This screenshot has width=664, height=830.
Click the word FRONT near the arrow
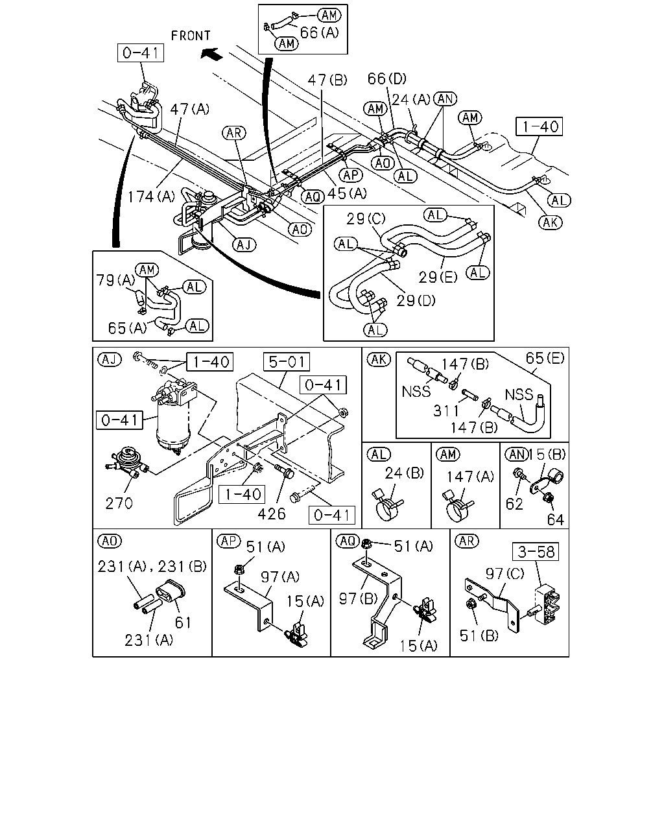(x=191, y=36)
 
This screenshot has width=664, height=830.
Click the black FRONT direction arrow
(x=211, y=54)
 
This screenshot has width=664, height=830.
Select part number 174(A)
(x=151, y=196)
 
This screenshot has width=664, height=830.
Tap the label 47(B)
(x=327, y=80)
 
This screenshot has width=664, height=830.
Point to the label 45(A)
(x=347, y=193)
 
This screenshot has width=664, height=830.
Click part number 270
(x=119, y=503)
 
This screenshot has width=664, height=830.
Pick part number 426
(x=272, y=514)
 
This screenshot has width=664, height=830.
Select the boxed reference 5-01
(x=286, y=362)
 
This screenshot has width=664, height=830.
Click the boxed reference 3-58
(x=536, y=552)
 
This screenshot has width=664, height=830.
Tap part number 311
(x=445, y=411)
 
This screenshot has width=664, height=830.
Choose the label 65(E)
(x=545, y=358)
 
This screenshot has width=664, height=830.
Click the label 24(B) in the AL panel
(x=405, y=473)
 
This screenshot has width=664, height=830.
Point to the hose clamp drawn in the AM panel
(x=457, y=506)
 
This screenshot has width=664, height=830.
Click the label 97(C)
(x=504, y=573)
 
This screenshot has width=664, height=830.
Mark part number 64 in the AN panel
(x=556, y=520)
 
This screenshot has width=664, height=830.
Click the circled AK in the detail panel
(x=379, y=359)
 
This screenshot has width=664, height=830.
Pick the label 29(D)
(x=416, y=300)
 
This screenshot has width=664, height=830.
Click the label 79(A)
(x=116, y=280)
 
